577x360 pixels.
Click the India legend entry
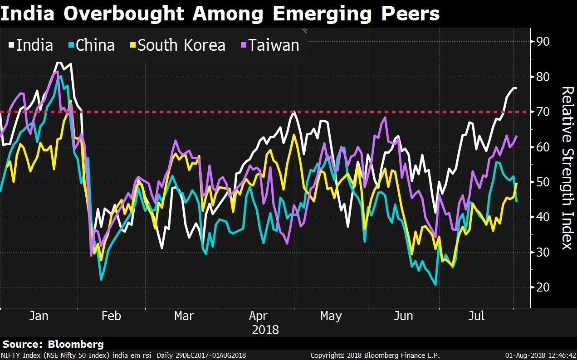pyautogui.click(x=31, y=45)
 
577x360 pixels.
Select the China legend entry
pyautogui.click(x=91, y=45)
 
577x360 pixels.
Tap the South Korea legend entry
pyautogui.click(x=177, y=45)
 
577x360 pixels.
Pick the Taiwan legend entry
pyautogui.click(x=269, y=45)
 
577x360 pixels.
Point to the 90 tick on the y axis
pyautogui.click(x=543, y=42)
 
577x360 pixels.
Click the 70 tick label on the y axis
pyautogui.click(x=543, y=112)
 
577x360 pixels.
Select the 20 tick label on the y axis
pyautogui.click(x=543, y=287)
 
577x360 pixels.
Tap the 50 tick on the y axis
pyautogui.click(x=543, y=182)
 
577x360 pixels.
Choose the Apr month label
pyautogui.click(x=258, y=316)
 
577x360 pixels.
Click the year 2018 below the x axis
pyautogui.click(x=265, y=329)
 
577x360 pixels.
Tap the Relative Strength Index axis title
pyautogui.click(x=567, y=168)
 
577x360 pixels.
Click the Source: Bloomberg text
pyautogui.click(x=53, y=344)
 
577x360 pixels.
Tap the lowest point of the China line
pyautogui.click(x=436, y=285)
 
